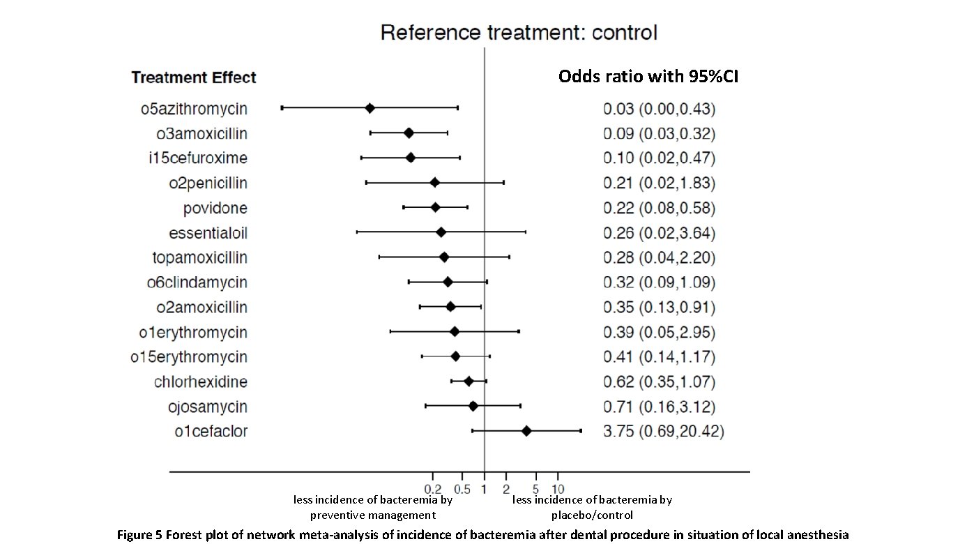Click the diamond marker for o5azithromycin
coord(370,108)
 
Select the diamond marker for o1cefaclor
coord(526,431)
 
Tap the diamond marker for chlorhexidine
coord(469,381)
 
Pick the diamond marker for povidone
coord(436,208)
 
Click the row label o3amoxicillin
coord(201,133)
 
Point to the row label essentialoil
coord(208,233)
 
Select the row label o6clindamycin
coord(197,282)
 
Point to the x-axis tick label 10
coord(558,488)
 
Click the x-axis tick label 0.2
coord(433,488)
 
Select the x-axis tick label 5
coord(535,488)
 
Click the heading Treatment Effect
coord(193,77)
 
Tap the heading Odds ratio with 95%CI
coord(648,77)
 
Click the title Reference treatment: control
coord(519,33)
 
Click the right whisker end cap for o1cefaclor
coord(581,431)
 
